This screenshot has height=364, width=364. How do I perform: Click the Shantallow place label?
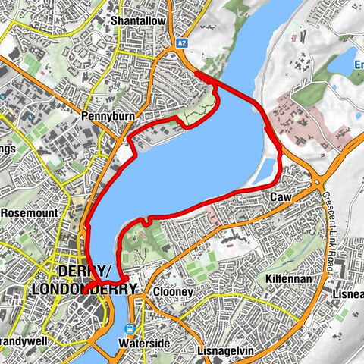pyautogui.click(x=137, y=21)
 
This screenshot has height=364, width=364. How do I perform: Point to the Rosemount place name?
pyautogui.click(x=28, y=213)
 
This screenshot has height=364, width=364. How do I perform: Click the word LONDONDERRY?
pyautogui.click(x=85, y=289)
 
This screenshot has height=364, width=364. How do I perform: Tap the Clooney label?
pyautogui.click(x=172, y=291)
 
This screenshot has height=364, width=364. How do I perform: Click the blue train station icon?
pyautogui.click(x=130, y=329)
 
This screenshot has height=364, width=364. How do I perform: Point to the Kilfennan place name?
pyautogui.click(x=285, y=280)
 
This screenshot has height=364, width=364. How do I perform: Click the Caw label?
pyautogui.click(x=279, y=197)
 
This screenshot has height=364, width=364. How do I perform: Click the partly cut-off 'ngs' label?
pyautogui.click(x=8, y=148)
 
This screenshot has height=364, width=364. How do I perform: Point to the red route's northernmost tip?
pyautogui.click(x=196, y=71)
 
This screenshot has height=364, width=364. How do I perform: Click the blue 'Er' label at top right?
pyautogui.click(x=359, y=64)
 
